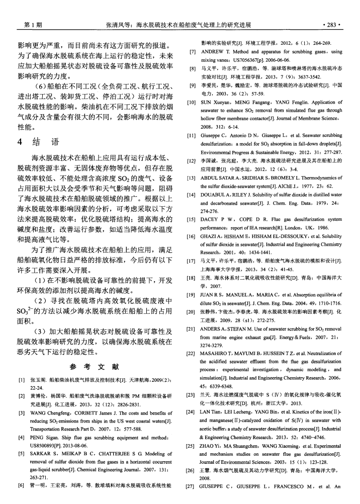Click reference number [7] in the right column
pyautogui.click(x=192, y=51)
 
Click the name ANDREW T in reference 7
pyautogui.click(x=217, y=51)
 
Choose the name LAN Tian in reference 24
pyautogui.click(x=213, y=412)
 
